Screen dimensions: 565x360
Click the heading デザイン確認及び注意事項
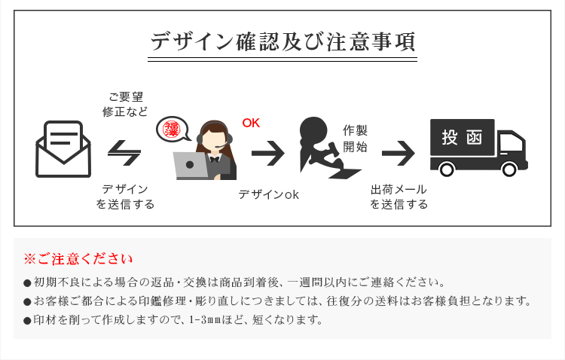pyautogui.click(x=282, y=41)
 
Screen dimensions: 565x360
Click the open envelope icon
pyautogui.click(x=63, y=149)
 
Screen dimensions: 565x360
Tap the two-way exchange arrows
pyautogui.click(x=124, y=153)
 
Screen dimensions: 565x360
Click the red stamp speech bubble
pyautogui.click(x=173, y=129)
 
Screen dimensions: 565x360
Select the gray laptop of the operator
pyautogui.click(x=191, y=166)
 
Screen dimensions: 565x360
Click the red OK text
pyautogui.click(x=251, y=124)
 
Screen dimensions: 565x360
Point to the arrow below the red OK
pyautogui.click(x=267, y=153)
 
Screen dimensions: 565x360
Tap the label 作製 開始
pyautogui.click(x=355, y=139)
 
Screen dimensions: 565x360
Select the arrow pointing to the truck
pyautogui.click(x=399, y=153)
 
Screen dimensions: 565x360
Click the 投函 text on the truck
pyautogui.click(x=462, y=137)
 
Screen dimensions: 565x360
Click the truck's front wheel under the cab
pyautogui.click(x=509, y=169)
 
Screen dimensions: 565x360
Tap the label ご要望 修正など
pyautogui.click(x=125, y=104)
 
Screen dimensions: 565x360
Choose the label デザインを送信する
pyautogui.click(x=125, y=197)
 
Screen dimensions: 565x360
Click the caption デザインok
pyautogui.click(x=268, y=194)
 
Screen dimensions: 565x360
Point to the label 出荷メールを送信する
pyautogui.click(x=399, y=197)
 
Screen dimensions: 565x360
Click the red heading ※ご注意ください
pyautogui.click(x=78, y=259)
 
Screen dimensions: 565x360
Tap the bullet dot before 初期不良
pyautogui.click(x=27, y=283)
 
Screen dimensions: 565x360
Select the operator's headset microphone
pyautogui.click(x=221, y=145)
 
